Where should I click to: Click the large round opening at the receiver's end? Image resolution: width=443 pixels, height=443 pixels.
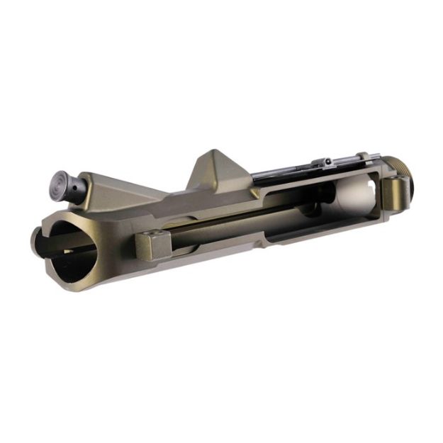tap(67, 248)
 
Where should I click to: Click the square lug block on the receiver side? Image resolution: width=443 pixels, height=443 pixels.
tap(151, 245)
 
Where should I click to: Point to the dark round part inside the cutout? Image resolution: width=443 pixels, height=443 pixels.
tap(312, 210)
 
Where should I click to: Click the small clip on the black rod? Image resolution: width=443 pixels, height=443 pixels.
tap(326, 164)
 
